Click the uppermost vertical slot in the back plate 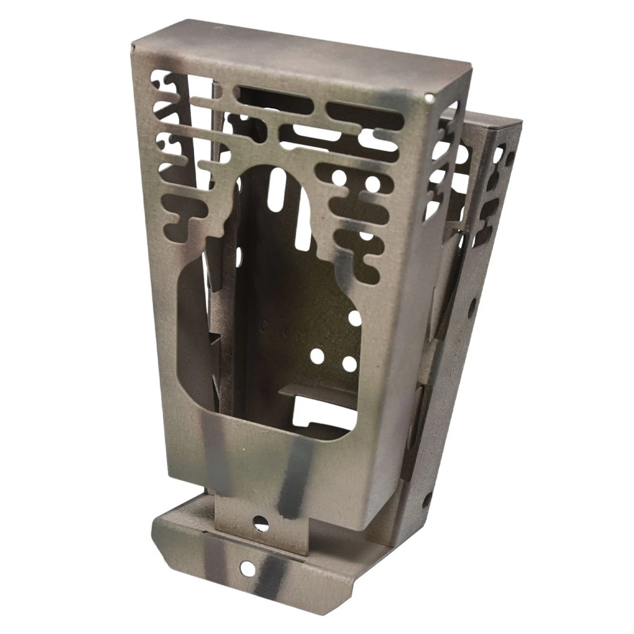point(274,188)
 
